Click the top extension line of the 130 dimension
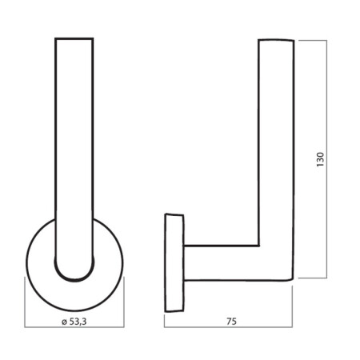coord(312,37)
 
